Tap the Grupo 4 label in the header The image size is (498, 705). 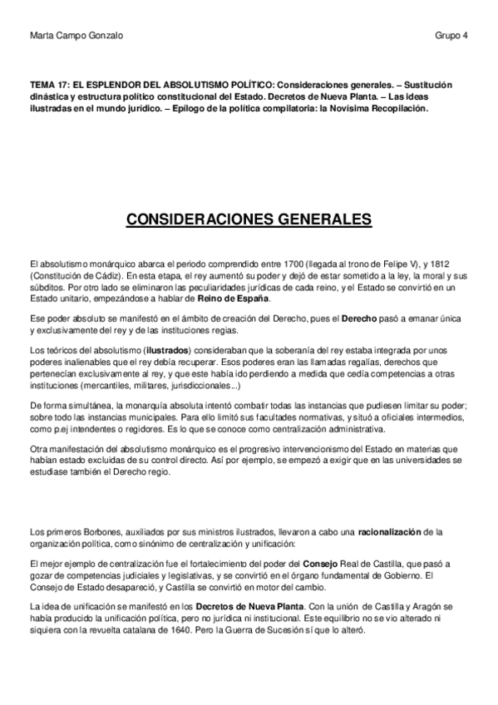[451, 34]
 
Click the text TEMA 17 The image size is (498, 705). [47, 84]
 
